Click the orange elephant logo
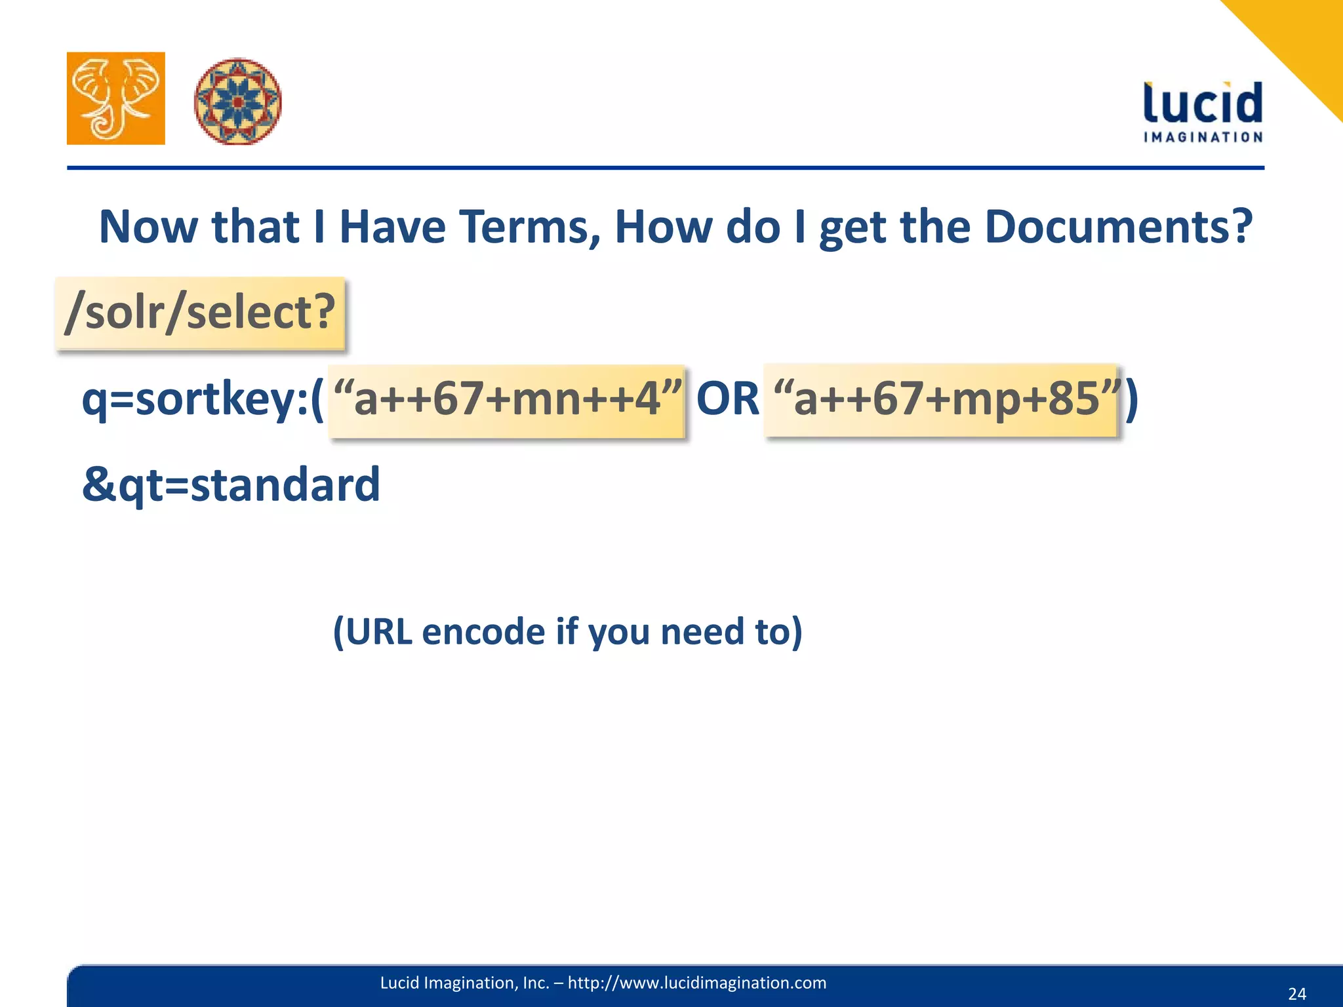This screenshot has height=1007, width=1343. pos(116,98)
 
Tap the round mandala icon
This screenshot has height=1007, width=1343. pos(237,101)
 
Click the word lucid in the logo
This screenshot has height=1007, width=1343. pos(1203,104)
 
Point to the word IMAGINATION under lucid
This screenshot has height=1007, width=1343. pos(1203,137)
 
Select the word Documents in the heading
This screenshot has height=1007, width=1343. pos(1118,227)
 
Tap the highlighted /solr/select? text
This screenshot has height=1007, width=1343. pos(200,313)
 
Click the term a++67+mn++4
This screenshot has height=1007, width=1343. pos(507,399)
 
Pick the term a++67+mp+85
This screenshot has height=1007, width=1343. pos(945,399)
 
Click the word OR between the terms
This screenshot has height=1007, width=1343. pos(727,399)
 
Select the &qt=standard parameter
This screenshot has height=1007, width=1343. pos(231,485)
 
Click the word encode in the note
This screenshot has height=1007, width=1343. pos(483,631)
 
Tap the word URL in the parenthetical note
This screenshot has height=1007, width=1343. pos(379,631)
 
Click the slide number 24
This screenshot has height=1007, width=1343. pos(1296,994)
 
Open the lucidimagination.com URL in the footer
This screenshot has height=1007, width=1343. pos(696,983)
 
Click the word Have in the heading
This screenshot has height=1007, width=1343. pos(392,227)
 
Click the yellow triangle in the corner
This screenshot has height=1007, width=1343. pos(1302,39)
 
